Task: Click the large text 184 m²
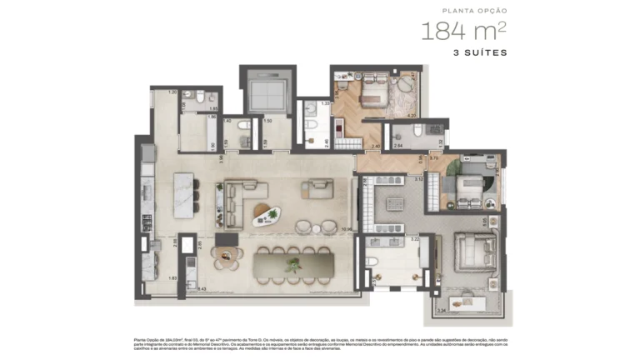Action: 463,32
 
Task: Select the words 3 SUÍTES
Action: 480,52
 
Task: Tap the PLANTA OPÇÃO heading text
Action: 475,11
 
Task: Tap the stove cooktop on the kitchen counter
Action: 147,222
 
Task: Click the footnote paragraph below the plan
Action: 319,344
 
